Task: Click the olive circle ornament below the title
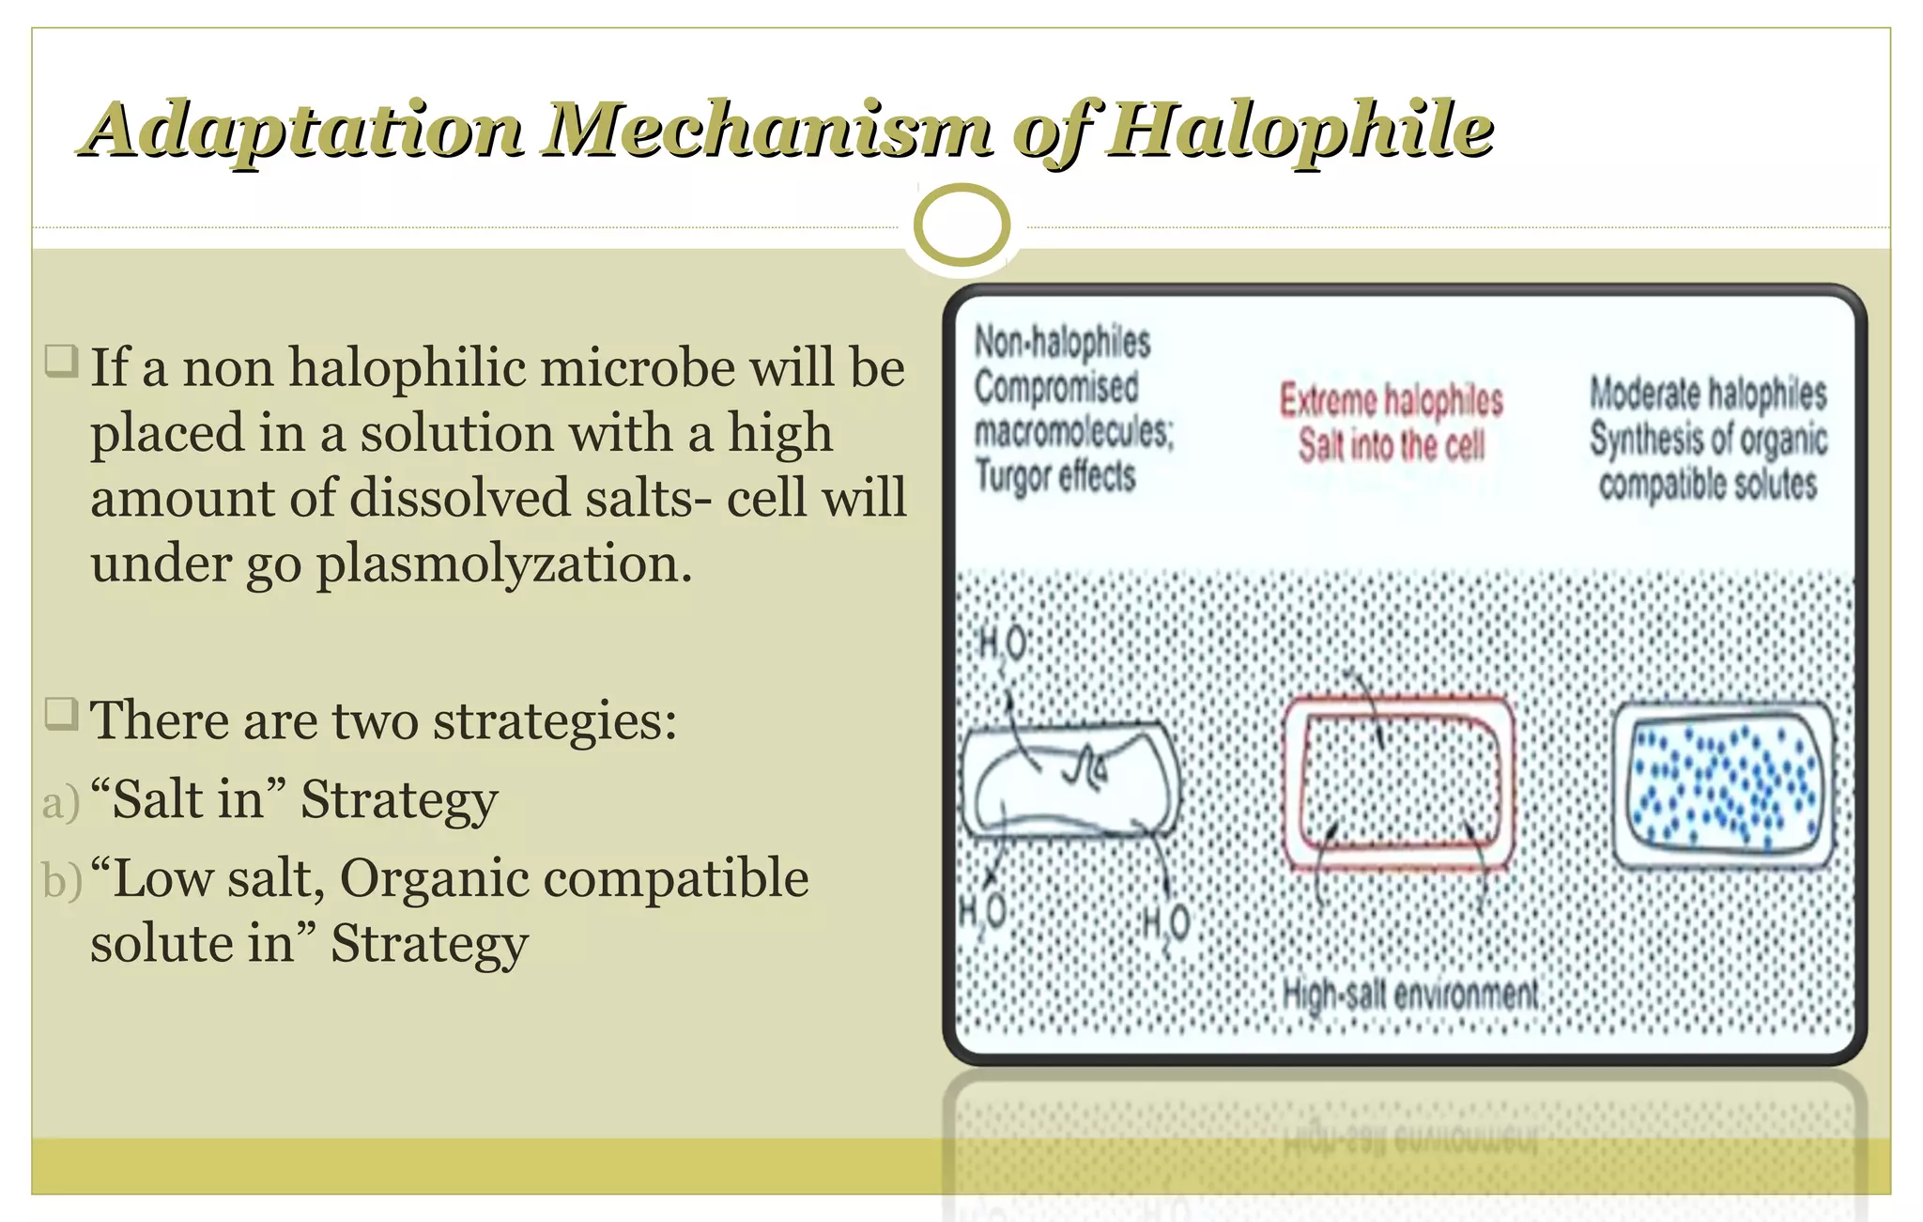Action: click(x=961, y=225)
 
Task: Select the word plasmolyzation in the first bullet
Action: click(x=503, y=565)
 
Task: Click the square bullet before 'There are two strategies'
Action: click(x=62, y=715)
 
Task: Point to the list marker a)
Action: click(x=61, y=803)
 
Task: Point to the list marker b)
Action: click(x=62, y=881)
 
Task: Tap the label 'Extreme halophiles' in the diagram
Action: click(x=1392, y=400)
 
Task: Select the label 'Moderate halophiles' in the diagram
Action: click(x=1708, y=394)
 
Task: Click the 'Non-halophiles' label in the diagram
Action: click(x=1062, y=342)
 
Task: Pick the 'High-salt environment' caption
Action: click(x=1410, y=994)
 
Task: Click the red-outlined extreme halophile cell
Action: click(x=1398, y=782)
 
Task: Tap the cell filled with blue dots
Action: click(x=1722, y=783)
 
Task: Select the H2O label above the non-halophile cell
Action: click(x=1002, y=645)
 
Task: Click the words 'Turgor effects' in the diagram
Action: click(x=1055, y=476)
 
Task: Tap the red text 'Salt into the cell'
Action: click(x=1392, y=445)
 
